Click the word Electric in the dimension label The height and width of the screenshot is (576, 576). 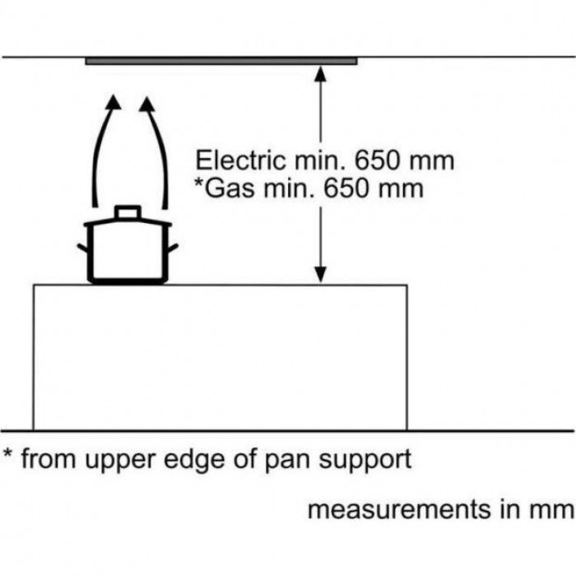point(237,160)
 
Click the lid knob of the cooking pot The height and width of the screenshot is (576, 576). point(128,213)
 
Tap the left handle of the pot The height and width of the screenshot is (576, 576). point(84,249)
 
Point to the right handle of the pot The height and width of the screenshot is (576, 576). point(173,247)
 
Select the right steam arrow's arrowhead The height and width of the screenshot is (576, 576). point(148,105)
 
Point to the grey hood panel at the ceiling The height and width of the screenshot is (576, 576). point(221,60)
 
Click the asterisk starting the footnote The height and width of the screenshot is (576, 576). point(7,455)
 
